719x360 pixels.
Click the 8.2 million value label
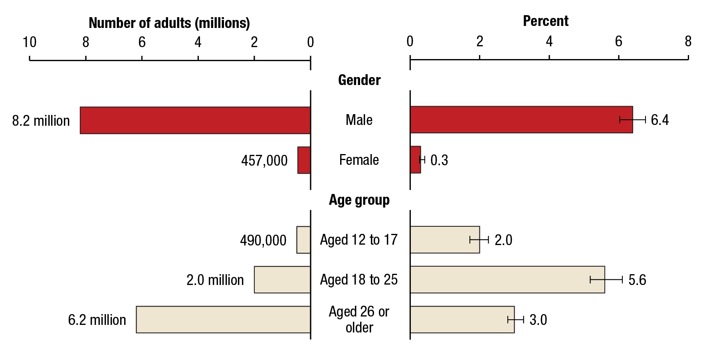tap(41, 121)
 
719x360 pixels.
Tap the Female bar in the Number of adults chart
tap(304, 160)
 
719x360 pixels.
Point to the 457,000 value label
tap(264, 160)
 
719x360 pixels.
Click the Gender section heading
tap(359, 80)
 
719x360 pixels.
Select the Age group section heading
tap(359, 200)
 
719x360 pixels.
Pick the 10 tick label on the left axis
tap(29, 42)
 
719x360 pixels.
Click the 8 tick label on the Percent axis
tap(688, 42)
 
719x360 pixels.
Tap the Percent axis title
tap(545, 21)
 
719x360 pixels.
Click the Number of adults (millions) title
tap(169, 23)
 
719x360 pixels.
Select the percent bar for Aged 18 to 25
tap(507, 280)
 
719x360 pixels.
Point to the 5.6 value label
tap(637, 280)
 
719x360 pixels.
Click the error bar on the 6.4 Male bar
tap(633, 120)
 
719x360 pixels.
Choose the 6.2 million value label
tap(97, 320)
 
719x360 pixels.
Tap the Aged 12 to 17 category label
tap(359, 240)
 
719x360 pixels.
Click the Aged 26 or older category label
tap(359, 320)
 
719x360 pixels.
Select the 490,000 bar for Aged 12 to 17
tap(303, 240)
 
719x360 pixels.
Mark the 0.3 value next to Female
tap(439, 160)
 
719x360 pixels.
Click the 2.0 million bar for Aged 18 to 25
tap(282, 280)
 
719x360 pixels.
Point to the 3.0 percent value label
tap(538, 320)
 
